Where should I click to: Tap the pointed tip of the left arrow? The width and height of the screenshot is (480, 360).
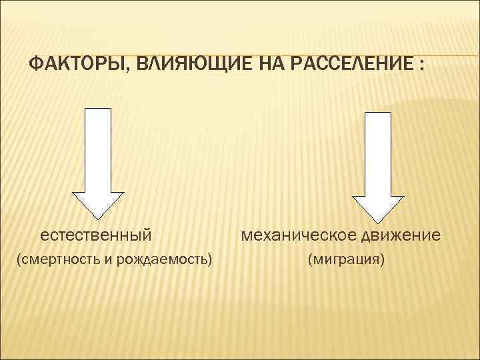point(99,218)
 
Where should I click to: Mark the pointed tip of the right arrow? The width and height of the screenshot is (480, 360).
point(378,221)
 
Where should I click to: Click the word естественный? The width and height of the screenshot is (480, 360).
point(96,235)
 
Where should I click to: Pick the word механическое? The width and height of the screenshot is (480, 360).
point(298,235)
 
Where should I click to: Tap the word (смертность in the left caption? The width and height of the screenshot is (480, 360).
point(57,258)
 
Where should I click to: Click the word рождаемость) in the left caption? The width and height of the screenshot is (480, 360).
point(165,258)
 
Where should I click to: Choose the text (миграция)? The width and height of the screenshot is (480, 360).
point(345,258)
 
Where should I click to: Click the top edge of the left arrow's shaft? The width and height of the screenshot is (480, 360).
point(99,107)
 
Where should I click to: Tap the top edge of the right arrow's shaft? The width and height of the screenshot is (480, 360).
point(378,111)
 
